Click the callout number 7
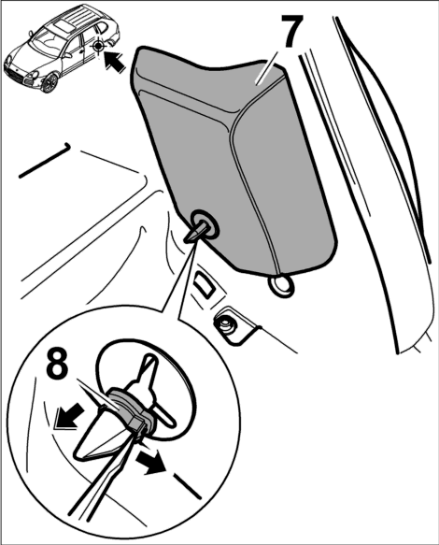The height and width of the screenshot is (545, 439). click(x=291, y=31)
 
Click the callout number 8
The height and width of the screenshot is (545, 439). click(x=58, y=366)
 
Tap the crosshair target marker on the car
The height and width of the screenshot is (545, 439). click(x=99, y=46)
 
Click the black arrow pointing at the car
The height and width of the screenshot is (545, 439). click(x=115, y=61)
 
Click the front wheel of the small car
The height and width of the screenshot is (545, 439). click(x=49, y=83)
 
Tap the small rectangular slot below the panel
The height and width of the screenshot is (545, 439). click(x=205, y=283)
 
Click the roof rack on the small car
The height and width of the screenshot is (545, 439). click(x=78, y=15)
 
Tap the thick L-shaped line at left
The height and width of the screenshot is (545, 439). click(x=45, y=161)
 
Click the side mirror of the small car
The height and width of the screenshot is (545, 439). click(x=31, y=34)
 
